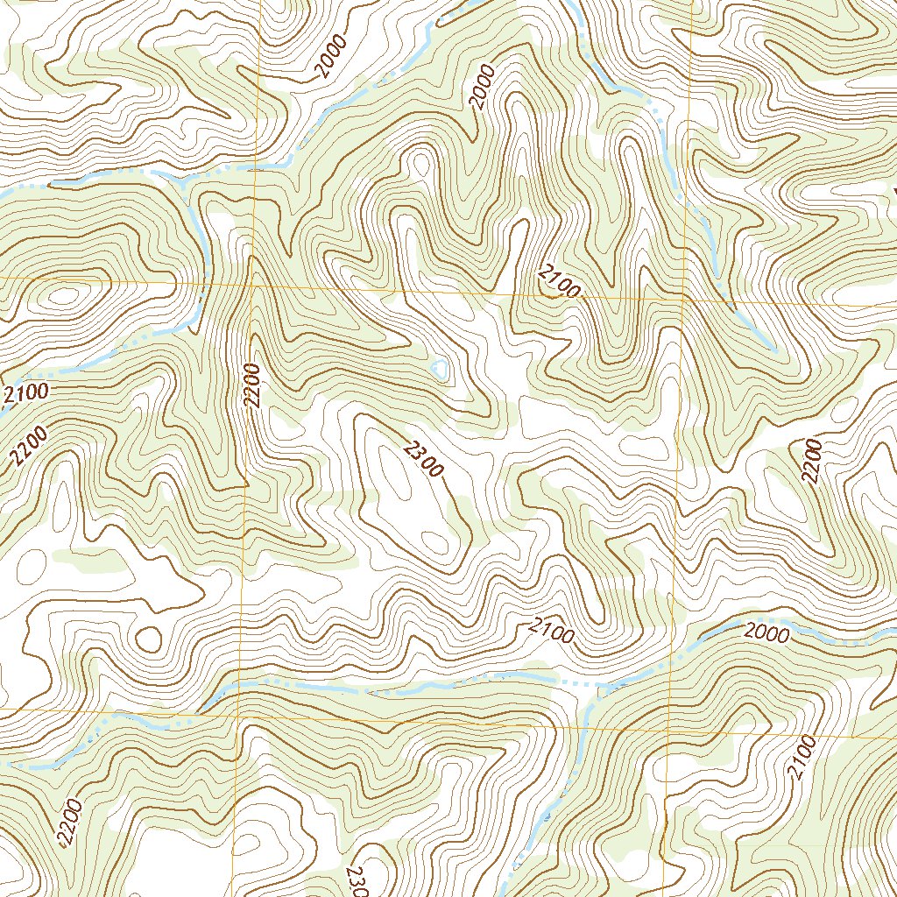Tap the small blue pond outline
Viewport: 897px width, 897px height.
440,369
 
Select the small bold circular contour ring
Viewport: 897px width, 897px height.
150,639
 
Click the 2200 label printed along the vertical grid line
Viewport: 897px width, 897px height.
253,385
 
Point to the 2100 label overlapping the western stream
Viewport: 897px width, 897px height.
25,394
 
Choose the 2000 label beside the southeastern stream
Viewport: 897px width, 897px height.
766,632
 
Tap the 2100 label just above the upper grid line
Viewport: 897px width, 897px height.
559,283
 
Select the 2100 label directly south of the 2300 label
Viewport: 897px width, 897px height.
551,631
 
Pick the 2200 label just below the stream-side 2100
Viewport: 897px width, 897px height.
29,445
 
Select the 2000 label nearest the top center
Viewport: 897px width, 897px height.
483,87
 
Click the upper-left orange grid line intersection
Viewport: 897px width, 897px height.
253,285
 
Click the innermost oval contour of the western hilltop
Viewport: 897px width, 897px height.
63,296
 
